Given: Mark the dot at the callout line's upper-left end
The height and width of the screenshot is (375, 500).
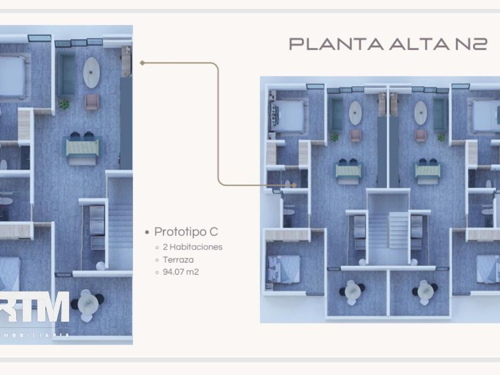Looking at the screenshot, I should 142,62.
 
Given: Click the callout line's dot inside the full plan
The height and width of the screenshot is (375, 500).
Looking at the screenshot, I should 293,185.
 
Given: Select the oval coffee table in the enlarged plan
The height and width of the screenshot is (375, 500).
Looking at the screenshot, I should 91,72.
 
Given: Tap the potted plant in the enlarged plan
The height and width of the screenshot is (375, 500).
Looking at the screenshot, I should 64,104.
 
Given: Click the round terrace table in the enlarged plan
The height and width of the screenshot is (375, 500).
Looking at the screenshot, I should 88,304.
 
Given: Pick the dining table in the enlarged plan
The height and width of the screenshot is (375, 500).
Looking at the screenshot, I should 83,146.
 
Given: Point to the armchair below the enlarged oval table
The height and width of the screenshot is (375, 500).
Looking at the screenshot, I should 91,102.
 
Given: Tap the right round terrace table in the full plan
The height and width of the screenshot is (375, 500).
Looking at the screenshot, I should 425,291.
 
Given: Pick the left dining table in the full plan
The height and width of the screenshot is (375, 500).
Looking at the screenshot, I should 348,171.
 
